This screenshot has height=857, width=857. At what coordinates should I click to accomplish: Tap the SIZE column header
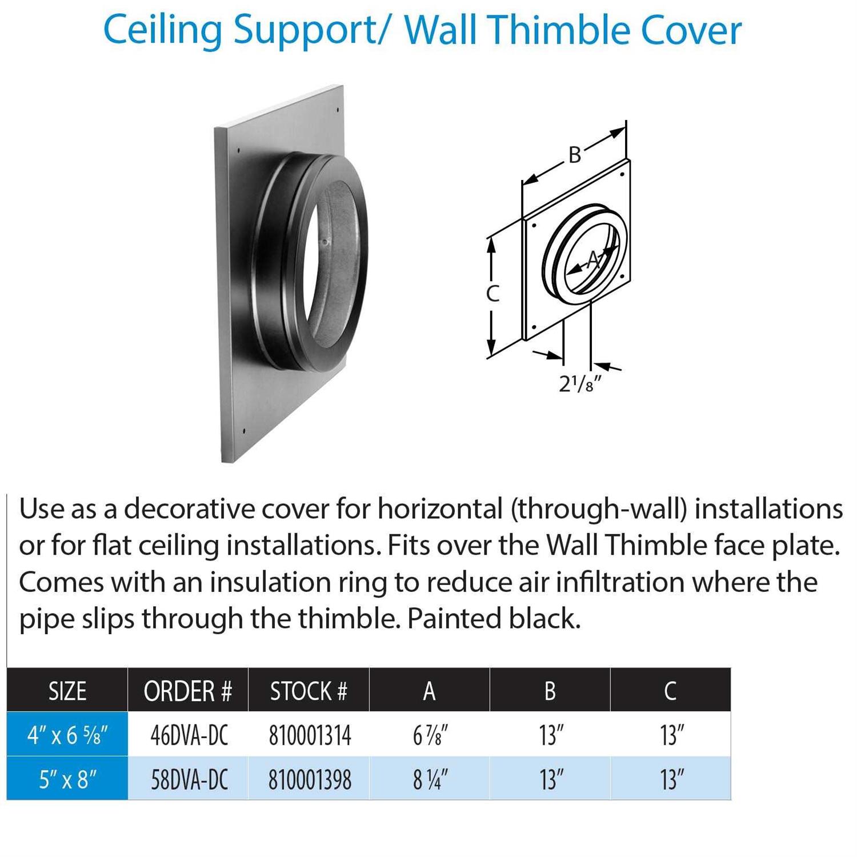[x=67, y=691]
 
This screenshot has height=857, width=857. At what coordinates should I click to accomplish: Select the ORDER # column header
[x=188, y=691]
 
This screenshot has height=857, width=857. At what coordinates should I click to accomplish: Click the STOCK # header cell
[x=309, y=691]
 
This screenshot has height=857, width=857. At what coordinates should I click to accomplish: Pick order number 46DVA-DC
[x=189, y=735]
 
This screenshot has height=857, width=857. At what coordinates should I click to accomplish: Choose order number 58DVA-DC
[x=189, y=779]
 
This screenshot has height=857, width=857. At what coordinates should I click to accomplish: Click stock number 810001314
[x=310, y=735]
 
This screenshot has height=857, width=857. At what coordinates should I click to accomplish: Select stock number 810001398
[x=310, y=779]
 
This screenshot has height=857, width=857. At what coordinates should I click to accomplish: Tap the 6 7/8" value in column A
[x=430, y=735]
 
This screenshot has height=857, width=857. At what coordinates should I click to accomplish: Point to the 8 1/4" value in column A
[x=430, y=779]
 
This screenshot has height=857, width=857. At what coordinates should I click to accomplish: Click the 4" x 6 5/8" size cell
[x=67, y=735]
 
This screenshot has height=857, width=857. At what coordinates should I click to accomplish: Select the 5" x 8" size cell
[x=67, y=779]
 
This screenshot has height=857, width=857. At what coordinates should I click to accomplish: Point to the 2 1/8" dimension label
[x=580, y=384]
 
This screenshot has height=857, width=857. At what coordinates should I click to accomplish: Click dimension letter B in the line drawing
[x=575, y=154]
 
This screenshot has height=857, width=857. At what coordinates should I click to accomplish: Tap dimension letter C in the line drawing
[x=492, y=293]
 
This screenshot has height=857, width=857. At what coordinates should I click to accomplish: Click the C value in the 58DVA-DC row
[x=672, y=779]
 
